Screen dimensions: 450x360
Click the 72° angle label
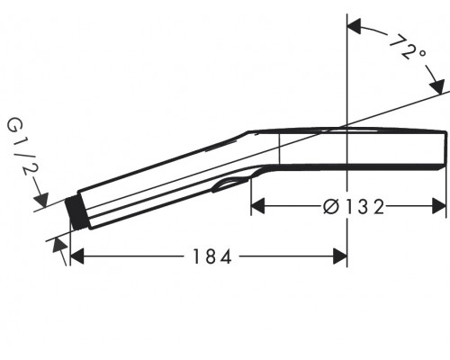tap(408, 48)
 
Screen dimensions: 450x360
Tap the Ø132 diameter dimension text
tap(354, 207)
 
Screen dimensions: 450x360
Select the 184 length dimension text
tap(211, 256)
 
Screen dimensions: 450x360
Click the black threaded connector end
tap(76, 212)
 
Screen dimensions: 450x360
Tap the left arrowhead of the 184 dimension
tap(76, 256)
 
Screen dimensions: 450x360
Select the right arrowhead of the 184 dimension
tap(340, 256)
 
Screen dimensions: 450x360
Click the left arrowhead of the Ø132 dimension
tap(257, 206)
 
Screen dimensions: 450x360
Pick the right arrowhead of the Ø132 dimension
tap(439, 206)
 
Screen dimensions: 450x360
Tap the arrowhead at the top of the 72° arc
tap(354, 27)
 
